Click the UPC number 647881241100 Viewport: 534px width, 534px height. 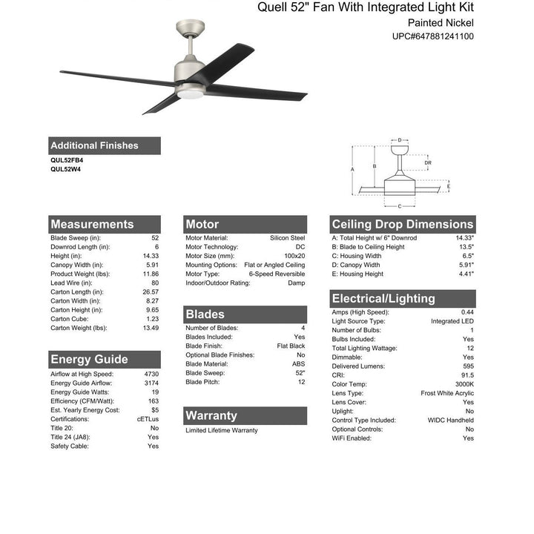434,36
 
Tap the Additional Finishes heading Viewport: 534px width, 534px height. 94,145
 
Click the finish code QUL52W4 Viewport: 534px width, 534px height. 65,168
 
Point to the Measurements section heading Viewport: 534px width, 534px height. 92,224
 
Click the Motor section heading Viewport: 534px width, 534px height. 202,224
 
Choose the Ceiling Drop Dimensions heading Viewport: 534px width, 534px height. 402,224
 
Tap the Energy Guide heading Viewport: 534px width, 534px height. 89,360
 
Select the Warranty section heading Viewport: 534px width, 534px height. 211,415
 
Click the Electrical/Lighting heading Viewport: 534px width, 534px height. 383,298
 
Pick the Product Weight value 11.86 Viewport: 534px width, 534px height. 150,274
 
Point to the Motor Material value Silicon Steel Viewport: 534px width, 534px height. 287,238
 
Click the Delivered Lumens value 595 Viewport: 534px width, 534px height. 467,366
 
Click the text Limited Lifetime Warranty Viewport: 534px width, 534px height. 222,430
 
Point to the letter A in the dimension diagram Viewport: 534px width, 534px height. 352,169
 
